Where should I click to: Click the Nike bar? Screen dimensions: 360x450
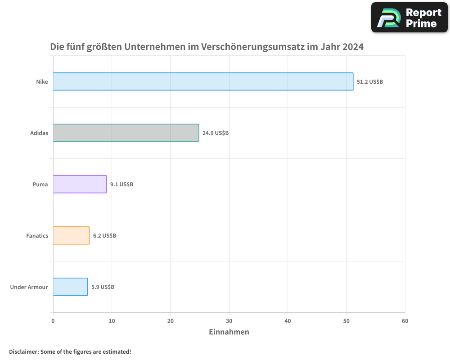(x=203, y=81)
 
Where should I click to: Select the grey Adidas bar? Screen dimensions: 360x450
(x=126, y=133)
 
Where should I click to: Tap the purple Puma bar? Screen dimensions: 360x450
(x=80, y=184)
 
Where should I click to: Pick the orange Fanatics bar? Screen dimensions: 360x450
(x=71, y=235)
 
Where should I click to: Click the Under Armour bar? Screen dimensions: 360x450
(x=70, y=287)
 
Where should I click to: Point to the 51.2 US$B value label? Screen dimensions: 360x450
(x=370, y=82)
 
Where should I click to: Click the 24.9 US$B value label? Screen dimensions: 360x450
(x=216, y=133)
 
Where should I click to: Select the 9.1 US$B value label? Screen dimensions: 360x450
(x=121, y=184)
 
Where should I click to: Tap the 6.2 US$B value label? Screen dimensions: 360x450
(x=104, y=236)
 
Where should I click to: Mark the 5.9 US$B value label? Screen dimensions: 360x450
(x=103, y=287)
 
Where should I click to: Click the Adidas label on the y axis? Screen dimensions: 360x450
(x=39, y=133)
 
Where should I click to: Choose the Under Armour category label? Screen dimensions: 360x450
(x=29, y=287)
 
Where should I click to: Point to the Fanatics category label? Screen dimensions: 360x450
(x=37, y=236)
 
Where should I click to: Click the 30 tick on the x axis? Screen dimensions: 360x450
(x=229, y=321)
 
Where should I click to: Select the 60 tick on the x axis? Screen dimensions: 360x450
(x=405, y=321)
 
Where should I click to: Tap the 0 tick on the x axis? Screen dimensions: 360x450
(x=53, y=321)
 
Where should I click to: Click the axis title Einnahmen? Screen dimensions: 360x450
(x=229, y=332)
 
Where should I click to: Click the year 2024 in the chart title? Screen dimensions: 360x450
(x=352, y=47)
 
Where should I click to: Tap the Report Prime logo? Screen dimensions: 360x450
(x=409, y=18)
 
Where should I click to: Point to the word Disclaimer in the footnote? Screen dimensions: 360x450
(x=23, y=351)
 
